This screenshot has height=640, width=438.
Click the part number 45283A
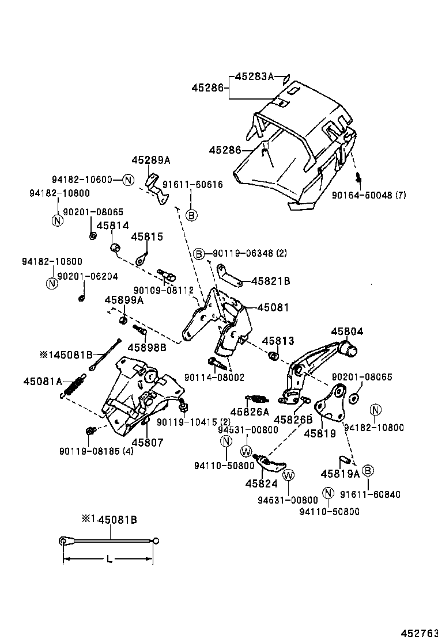(x=254, y=76)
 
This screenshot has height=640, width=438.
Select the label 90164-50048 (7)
(x=369, y=195)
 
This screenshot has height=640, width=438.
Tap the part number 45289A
(x=151, y=161)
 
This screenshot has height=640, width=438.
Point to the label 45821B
(x=270, y=281)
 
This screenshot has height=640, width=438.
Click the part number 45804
(x=347, y=331)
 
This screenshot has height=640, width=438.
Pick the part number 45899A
(x=124, y=300)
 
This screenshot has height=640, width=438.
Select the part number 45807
(x=148, y=442)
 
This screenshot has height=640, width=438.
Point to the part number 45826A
(x=250, y=412)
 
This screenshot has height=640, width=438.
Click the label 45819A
(x=340, y=474)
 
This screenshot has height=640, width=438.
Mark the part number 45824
(x=261, y=483)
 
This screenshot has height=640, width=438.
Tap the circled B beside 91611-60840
(x=367, y=471)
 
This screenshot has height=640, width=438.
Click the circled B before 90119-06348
(x=199, y=253)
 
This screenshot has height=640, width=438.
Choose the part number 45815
(x=147, y=237)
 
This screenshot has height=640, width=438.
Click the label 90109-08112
(x=163, y=291)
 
